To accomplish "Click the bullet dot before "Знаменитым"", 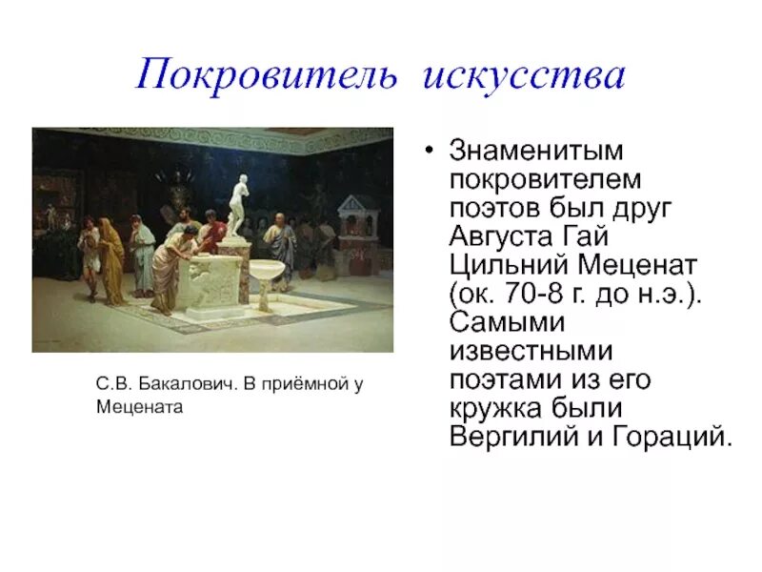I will [x=430, y=153].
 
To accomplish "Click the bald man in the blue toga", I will [x=282, y=235].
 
